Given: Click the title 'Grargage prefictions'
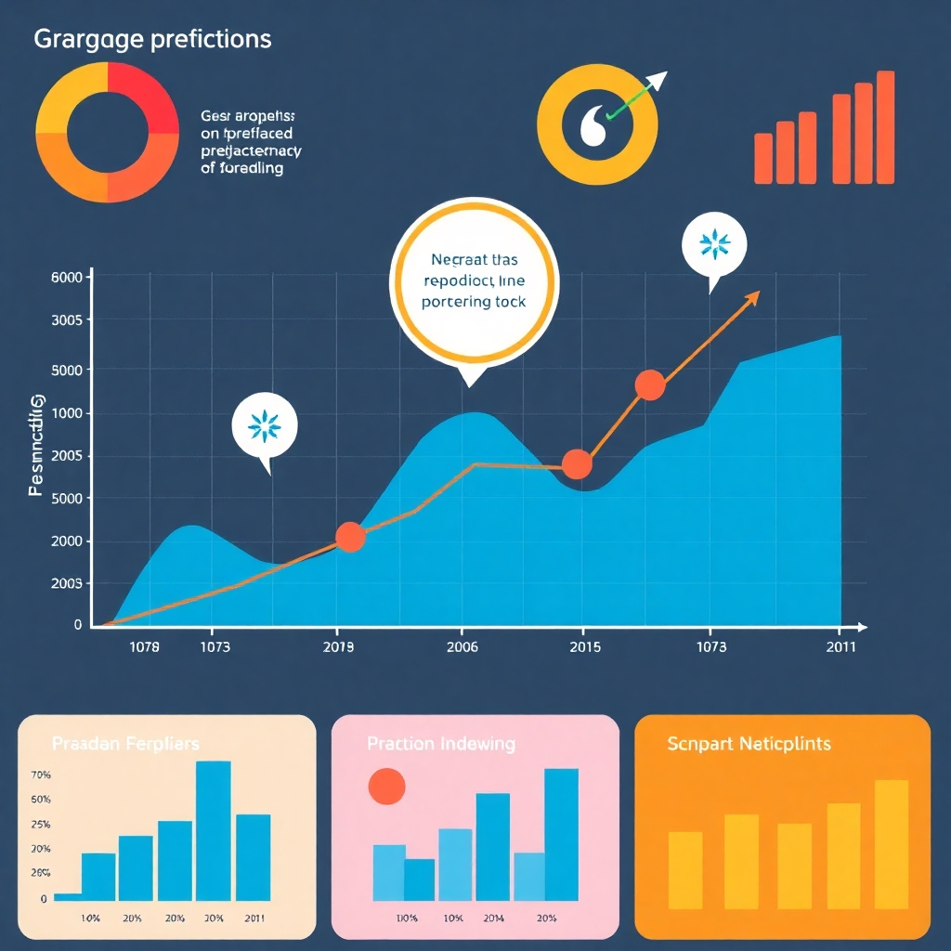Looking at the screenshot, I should (x=152, y=40).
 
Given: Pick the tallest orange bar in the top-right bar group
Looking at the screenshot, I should (x=885, y=127).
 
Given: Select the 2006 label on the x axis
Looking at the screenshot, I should (x=462, y=647).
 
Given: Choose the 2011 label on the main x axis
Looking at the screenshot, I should (x=840, y=647).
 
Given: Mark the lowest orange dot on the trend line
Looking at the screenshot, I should (x=349, y=537).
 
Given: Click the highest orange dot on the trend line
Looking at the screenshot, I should (x=650, y=384).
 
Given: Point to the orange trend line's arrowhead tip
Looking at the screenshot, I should (x=759, y=293).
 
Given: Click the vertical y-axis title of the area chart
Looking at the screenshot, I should (x=37, y=445).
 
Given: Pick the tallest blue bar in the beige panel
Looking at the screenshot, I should (x=214, y=830).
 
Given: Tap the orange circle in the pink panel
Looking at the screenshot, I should (x=387, y=787).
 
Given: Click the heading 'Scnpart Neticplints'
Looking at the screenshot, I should (x=749, y=744).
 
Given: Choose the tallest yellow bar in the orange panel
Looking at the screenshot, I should (x=891, y=844).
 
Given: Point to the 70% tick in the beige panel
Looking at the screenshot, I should (x=40, y=775).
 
